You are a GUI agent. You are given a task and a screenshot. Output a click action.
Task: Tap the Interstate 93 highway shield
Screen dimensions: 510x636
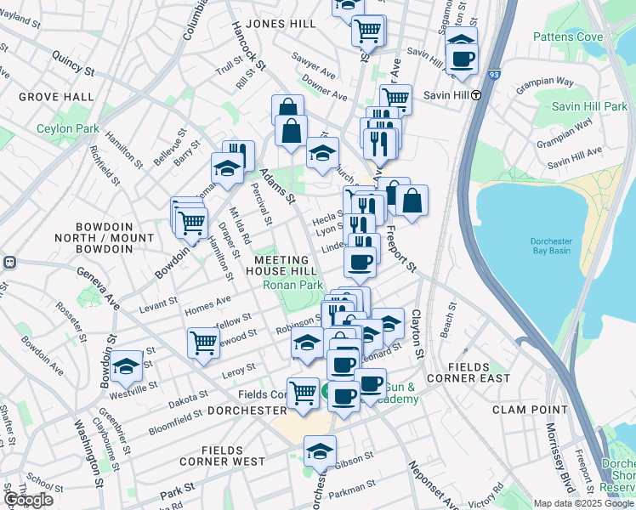tap(495, 75)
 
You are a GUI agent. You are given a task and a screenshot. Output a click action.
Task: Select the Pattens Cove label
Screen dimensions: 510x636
tap(568, 37)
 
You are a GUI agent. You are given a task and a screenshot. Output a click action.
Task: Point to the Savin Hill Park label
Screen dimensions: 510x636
tap(588, 106)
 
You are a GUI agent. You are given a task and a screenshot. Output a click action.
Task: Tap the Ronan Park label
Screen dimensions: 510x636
tap(292, 286)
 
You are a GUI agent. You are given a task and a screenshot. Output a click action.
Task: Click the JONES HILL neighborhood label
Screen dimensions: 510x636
tap(279, 25)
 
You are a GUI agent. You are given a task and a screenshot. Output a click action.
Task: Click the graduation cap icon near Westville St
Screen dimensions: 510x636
tap(126, 365)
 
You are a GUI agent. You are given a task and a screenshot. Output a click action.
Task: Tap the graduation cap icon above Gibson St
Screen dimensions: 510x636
tap(320, 450)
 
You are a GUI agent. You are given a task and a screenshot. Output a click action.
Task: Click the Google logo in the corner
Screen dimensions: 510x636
tap(28, 500)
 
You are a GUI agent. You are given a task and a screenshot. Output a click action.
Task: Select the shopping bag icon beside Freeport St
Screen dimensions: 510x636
tap(412, 201)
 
